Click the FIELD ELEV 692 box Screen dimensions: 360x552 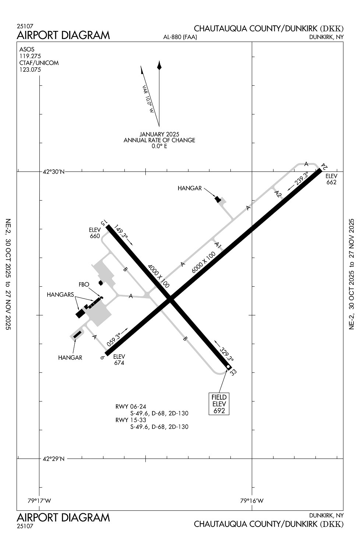click(219, 404)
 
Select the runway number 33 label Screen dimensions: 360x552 click(233, 372)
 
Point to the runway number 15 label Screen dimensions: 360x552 click(104, 223)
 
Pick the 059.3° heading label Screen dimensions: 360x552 click(114, 339)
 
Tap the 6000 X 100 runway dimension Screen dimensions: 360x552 click(204, 262)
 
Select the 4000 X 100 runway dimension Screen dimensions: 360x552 click(159, 276)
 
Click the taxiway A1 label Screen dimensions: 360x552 click(218, 245)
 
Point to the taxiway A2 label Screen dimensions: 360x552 click(278, 194)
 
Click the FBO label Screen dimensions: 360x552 click(84, 284)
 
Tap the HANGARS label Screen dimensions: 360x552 click(60, 294)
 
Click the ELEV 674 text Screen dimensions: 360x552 click(119, 360)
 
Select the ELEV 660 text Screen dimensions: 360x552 click(95, 233)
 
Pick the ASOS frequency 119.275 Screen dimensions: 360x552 click(30, 56)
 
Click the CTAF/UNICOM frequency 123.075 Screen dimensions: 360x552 click(30, 70)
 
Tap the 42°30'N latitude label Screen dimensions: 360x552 click(53, 172)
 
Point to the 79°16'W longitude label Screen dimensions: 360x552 click(252, 501)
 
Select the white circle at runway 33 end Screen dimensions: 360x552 click(228, 367)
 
